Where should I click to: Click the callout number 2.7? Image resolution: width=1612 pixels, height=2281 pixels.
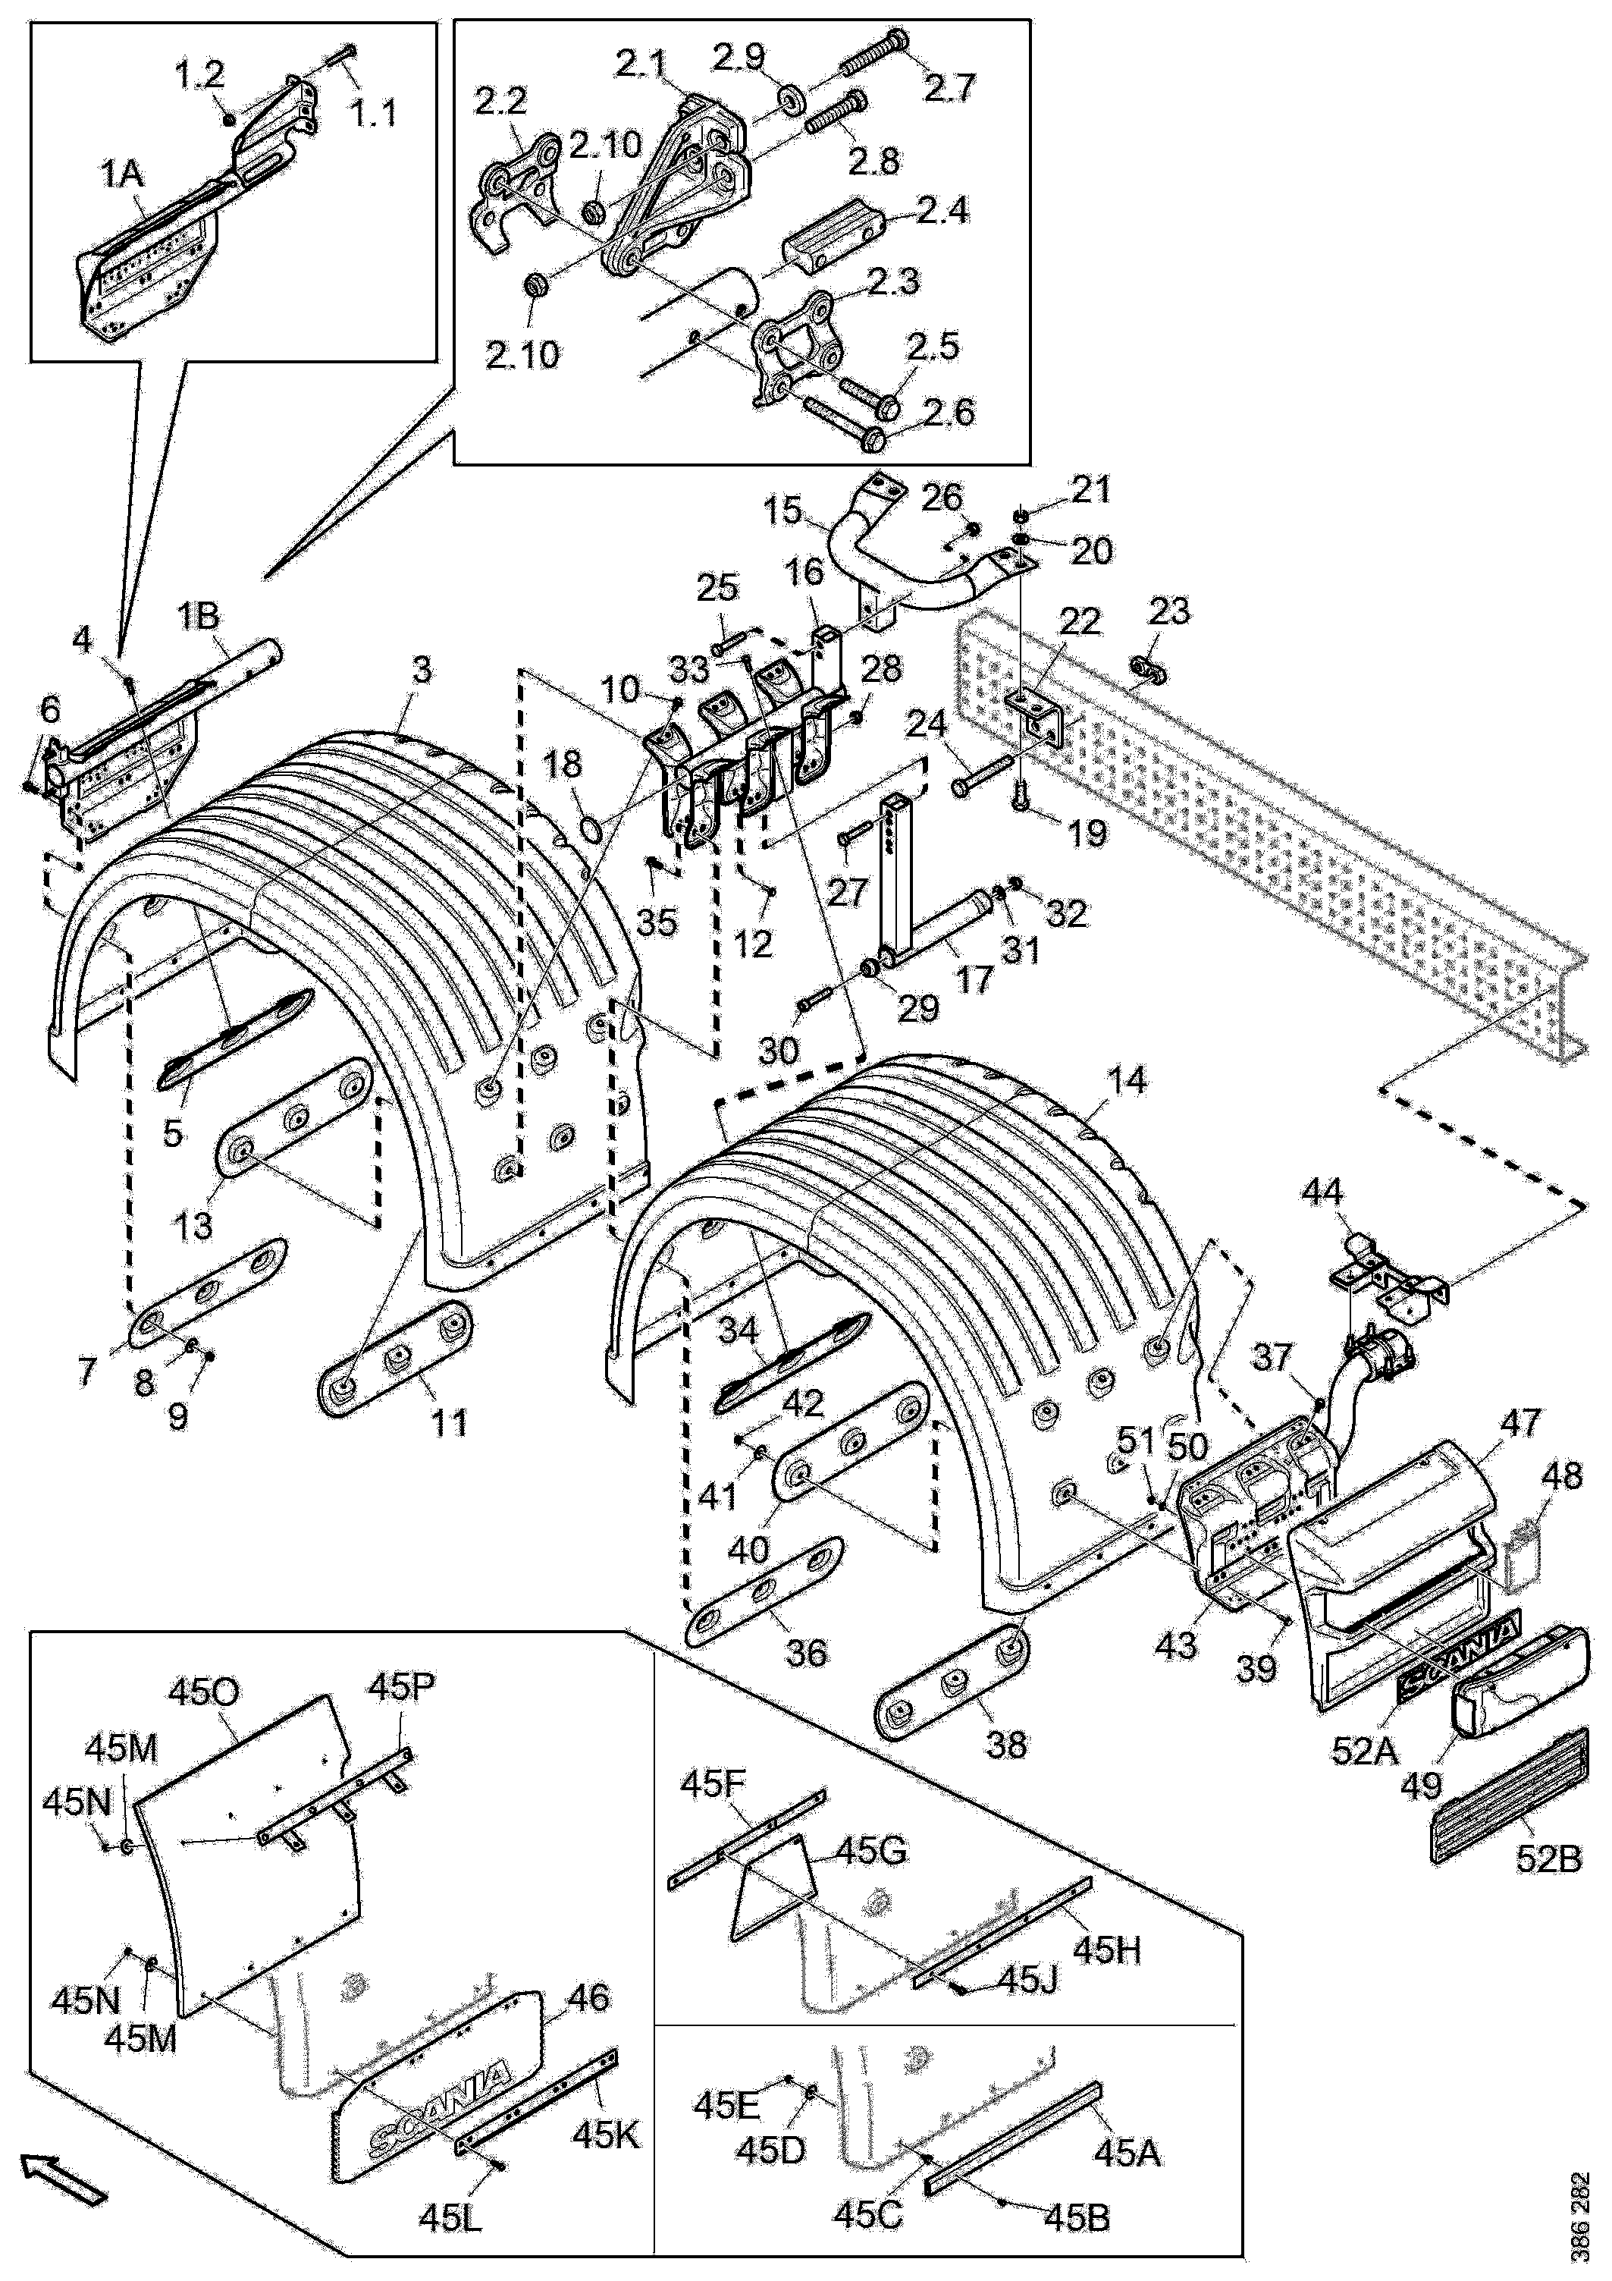tap(952, 89)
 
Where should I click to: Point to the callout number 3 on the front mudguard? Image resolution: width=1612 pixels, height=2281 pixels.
tap(423, 671)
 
